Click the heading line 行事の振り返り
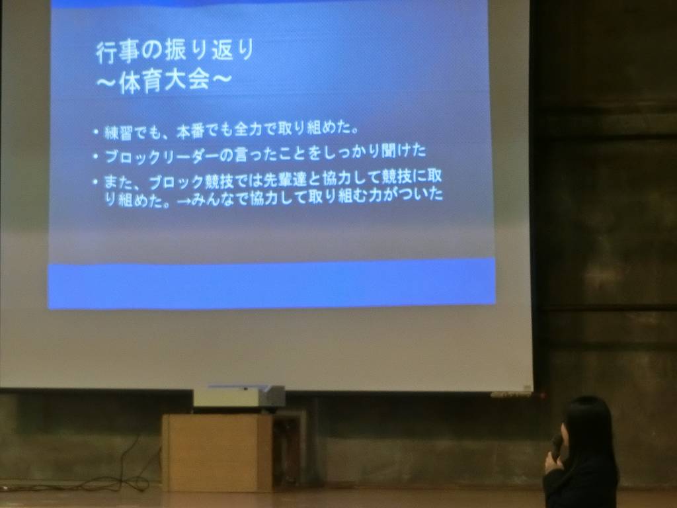click(x=175, y=52)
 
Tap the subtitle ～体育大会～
click(x=163, y=81)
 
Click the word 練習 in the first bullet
click(x=118, y=132)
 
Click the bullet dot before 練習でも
click(x=95, y=132)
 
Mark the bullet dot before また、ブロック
click(x=95, y=183)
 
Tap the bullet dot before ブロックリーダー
click(x=95, y=156)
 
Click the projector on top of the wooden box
click(x=239, y=396)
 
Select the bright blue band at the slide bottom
click(x=272, y=283)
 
